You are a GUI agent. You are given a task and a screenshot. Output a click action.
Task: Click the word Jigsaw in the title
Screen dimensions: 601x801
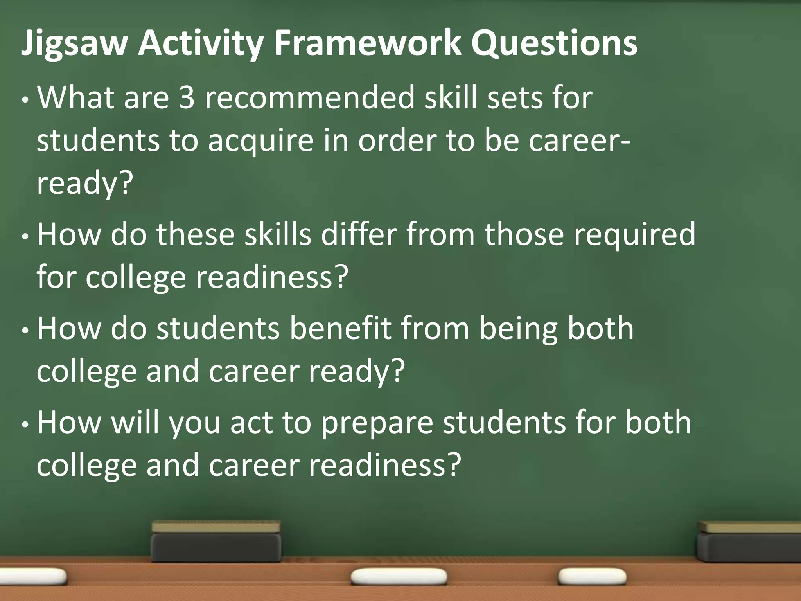74,44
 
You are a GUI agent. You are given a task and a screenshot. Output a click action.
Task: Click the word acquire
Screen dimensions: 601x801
260,141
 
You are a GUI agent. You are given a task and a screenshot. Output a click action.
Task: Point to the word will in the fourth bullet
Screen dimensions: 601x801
135,423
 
